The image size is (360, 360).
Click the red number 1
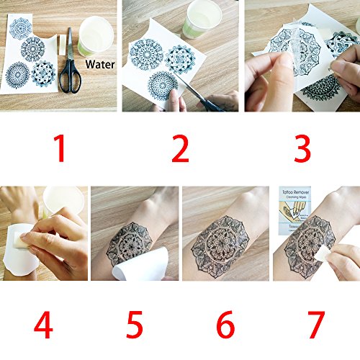point(60,149)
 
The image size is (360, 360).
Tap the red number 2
point(179,149)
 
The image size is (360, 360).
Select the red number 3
point(302,149)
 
